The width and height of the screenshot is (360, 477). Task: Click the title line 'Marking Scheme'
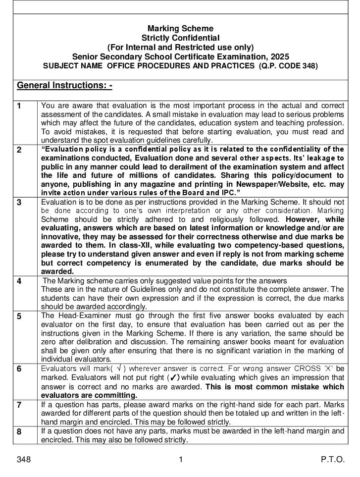(180, 29)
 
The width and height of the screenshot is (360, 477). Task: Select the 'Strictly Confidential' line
(180, 38)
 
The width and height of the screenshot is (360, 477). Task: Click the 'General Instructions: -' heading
(65, 86)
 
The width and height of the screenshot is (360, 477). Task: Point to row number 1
(19, 106)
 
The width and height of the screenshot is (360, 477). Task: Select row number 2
(19, 150)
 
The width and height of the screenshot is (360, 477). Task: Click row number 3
(19, 202)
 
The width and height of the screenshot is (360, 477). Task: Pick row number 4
(19, 281)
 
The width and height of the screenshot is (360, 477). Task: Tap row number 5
(19, 316)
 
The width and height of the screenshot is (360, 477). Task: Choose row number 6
(19, 369)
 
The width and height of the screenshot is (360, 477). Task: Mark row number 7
(19, 405)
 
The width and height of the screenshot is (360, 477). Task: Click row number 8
(19, 431)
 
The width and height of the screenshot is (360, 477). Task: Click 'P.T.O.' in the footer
(333, 460)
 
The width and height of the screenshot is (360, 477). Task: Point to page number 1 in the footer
(181, 460)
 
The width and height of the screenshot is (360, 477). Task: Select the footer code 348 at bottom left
(24, 460)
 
